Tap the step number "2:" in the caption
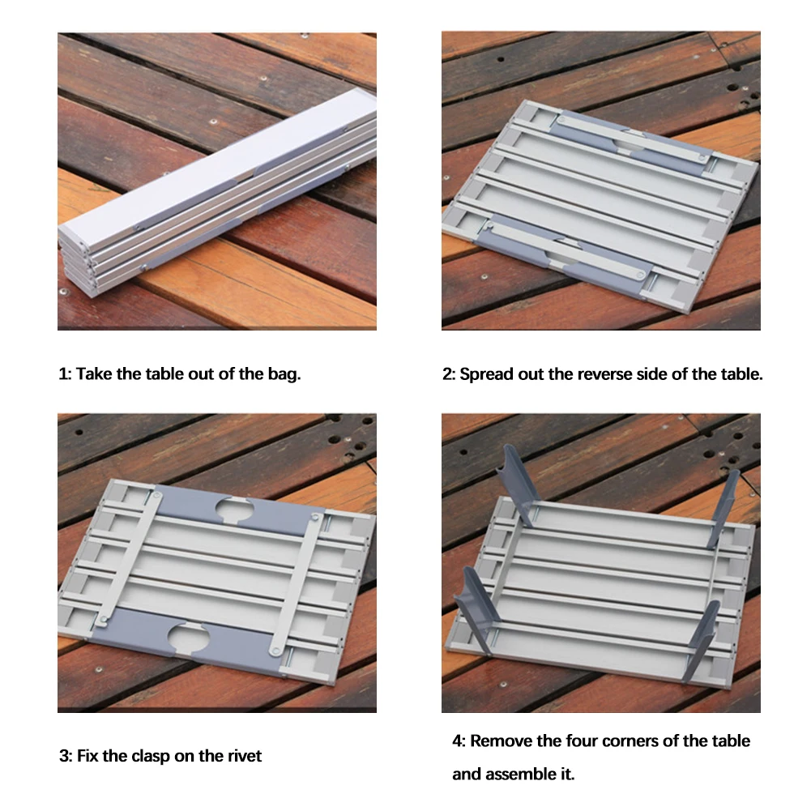click(x=448, y=374)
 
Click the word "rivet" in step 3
click(x=243, y=756)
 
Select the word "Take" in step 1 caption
click(x=94, y=373)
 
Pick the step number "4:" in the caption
click(x=459, y=741)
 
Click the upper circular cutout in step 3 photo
click(x=234, y=510)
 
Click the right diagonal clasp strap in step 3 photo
click(x=295, y=584)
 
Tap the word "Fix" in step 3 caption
click(x=88, y=756)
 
